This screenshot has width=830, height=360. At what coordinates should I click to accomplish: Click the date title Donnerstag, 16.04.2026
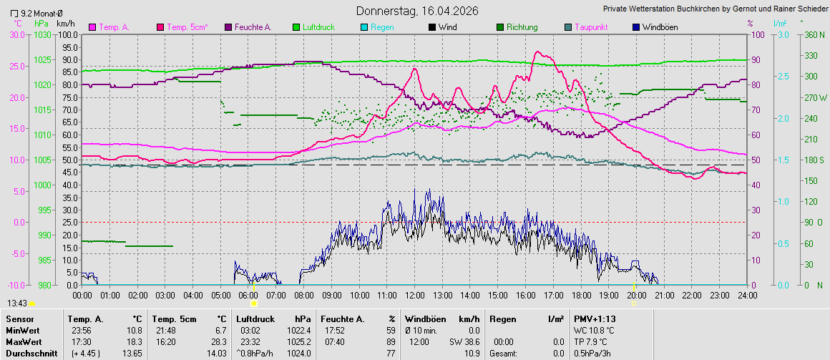[x=417, y=11]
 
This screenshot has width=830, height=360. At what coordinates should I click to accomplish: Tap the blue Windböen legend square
[x=636, y=27]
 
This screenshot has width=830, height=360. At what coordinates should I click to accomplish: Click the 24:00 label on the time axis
[x=746, y=295]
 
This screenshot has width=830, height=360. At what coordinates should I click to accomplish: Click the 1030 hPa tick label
[x=43, y=34]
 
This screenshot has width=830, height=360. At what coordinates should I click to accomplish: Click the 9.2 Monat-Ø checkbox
[x=14, y=12]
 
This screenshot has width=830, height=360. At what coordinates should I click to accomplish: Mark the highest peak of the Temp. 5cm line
[x=538, y=52]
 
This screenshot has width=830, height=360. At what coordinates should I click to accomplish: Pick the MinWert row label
[x=21, y=331]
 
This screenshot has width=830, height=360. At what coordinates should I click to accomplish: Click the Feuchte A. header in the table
[x=341, y=318]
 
